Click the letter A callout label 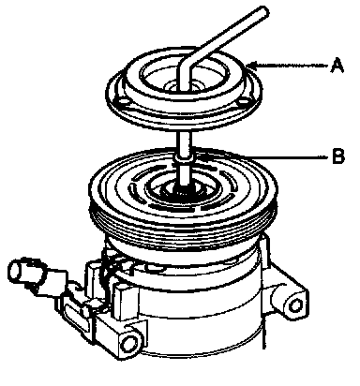[x=337, y=66]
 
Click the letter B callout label [x=337, y=156]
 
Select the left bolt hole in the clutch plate [x=122, y=102]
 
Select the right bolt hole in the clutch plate [x=243, y=102]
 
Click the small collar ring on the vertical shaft [x=184, y=158]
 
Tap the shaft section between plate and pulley [x=184, y=143]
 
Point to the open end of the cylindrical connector [x=15, y=271]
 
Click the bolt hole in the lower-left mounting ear [x=127, y=344]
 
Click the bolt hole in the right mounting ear [x=295, y=305]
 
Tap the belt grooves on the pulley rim [x=183, y=232]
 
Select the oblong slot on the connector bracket [x=74, y=315]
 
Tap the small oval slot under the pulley [x=156, y=268]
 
